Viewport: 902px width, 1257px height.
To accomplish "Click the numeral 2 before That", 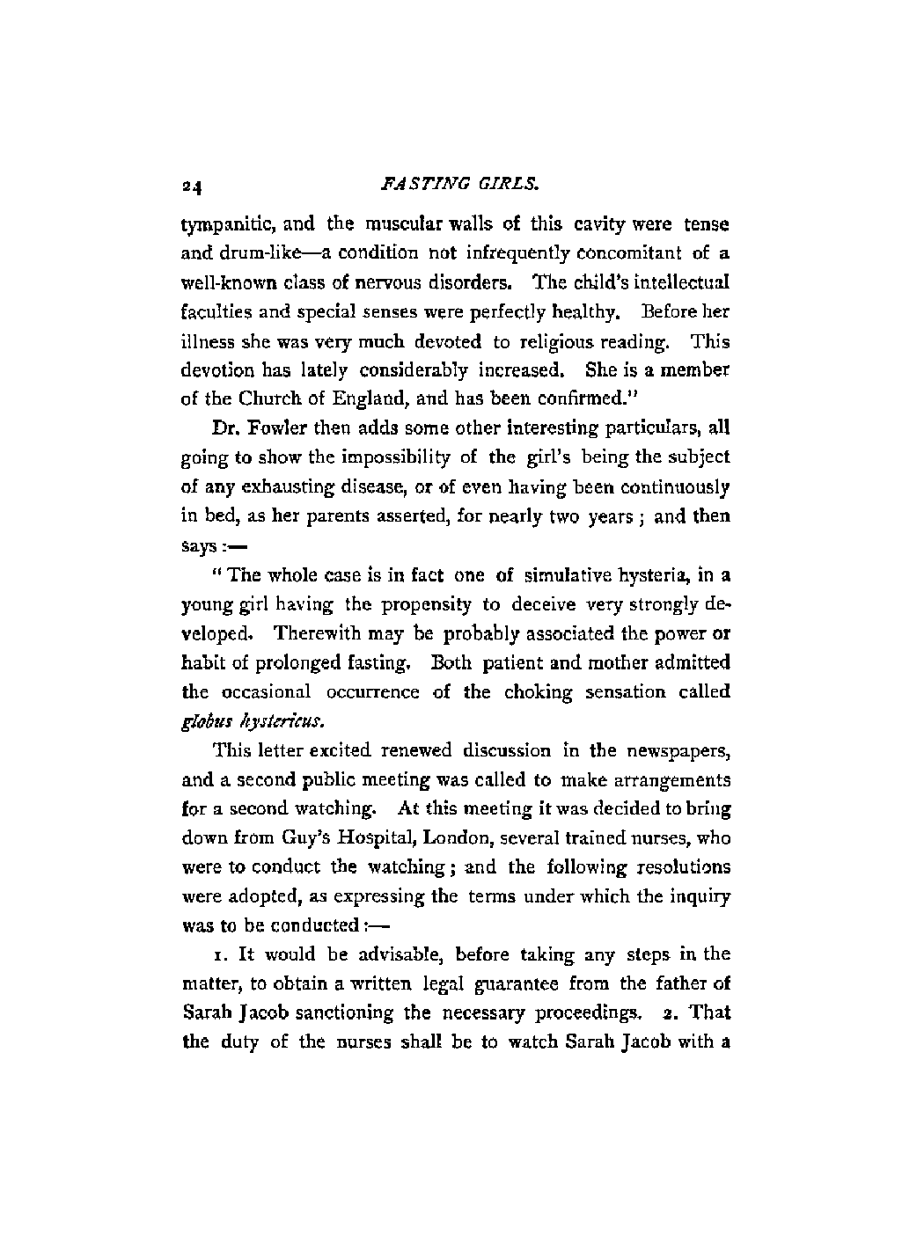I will point(669,1012).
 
